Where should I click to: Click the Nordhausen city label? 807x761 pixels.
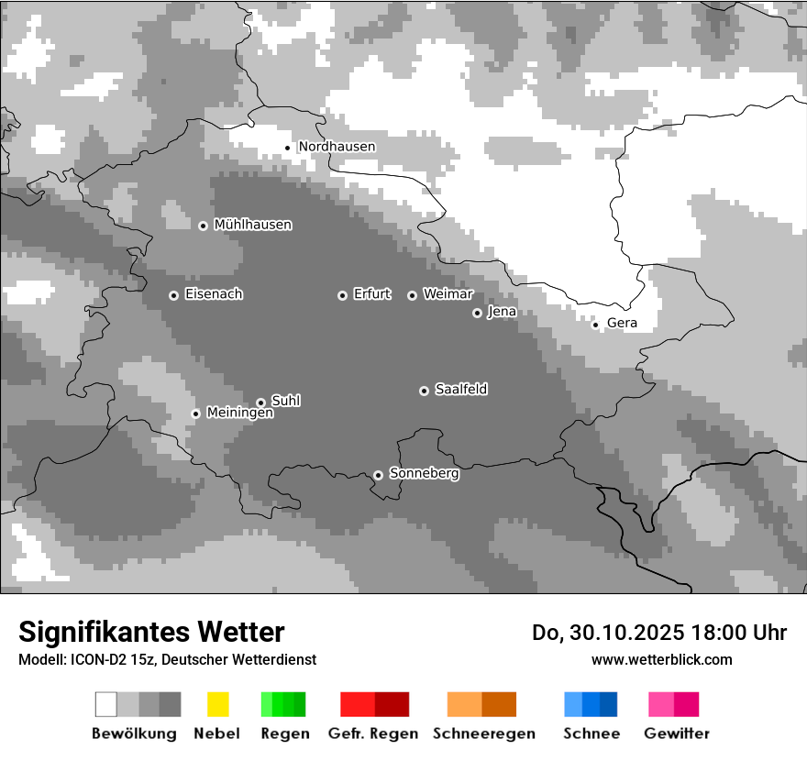(337, 147)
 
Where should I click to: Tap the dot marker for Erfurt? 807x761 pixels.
(342, 295)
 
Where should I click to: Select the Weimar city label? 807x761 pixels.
(448, 294)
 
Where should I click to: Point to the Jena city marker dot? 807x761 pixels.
(477, 313)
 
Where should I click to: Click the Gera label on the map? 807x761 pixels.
(622, 324)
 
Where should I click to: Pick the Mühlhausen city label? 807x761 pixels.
(252, 225)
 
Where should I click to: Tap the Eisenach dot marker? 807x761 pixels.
(173, 295)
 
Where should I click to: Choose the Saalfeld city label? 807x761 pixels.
(460, 390)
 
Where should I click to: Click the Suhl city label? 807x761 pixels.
(286, 401)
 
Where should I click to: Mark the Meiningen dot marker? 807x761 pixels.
(195, 414)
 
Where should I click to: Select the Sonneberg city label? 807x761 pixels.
(424, 474)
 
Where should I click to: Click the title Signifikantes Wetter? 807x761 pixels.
(151, 633)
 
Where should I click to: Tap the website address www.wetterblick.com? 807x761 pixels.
(661, 660)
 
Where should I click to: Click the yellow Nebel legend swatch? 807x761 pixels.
(217, 704)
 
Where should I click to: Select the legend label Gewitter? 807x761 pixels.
(677, 733)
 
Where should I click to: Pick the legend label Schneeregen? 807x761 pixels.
(484, 733)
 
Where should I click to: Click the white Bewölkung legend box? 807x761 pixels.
(106, 704)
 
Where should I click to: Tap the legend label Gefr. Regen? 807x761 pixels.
(372, 733)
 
